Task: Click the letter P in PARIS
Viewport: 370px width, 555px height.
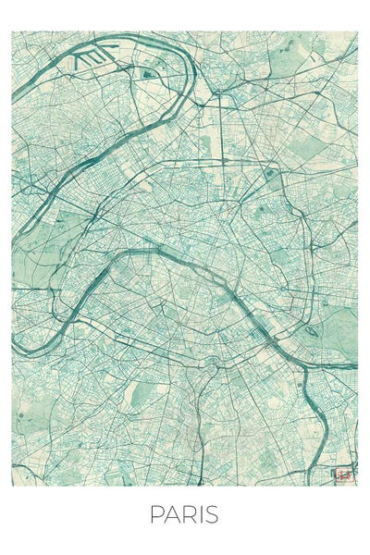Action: click(156, 515)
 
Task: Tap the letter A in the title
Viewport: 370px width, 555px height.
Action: click(171, 515)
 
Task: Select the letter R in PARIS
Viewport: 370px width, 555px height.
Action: click(187, 515)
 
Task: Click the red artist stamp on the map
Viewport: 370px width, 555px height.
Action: click(345, 475)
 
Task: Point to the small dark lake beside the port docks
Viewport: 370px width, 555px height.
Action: click(147, 70)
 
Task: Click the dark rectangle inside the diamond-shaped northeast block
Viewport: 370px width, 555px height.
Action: click(270, 173)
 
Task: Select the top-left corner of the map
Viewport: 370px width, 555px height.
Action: click(12, 31)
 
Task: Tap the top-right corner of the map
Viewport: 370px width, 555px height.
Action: click(357, 31)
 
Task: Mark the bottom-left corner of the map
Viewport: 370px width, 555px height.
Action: click(12, 486)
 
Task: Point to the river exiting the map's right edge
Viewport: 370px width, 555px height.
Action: click(356, 366)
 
